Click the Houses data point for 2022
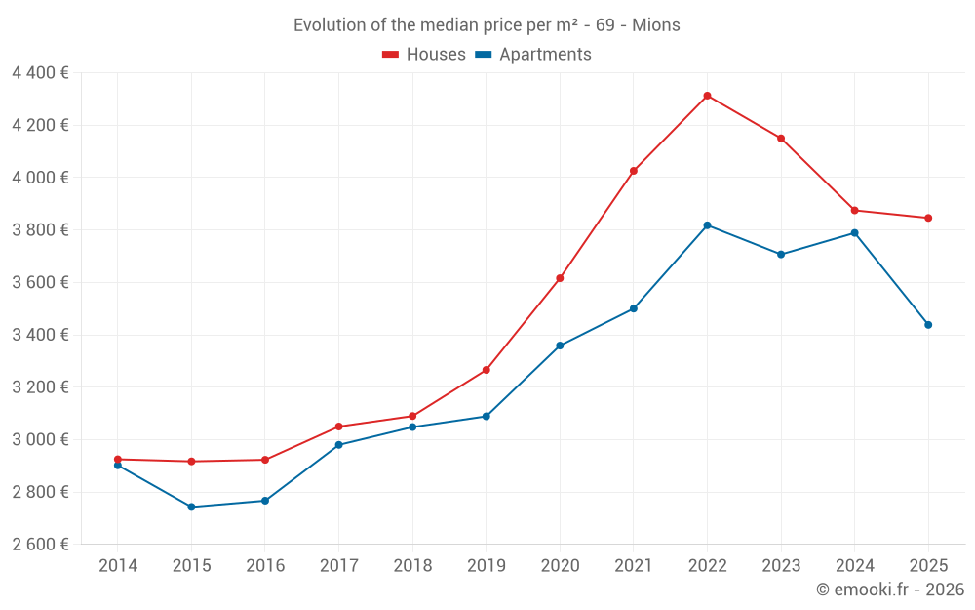point(707,96)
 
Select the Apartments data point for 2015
point(191,507)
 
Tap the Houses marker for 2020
point(560,278)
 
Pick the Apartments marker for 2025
point(928,325)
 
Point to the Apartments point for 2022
point(707,225)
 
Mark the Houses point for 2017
point(338,427)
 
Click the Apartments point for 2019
point(486,417)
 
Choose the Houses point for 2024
point(854,211)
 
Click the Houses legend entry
point(424,55)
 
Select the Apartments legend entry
point(532,55)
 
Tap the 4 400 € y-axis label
point(40,72)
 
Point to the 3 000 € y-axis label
point(40,439)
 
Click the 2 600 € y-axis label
point(40,544)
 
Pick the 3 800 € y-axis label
point(40,229)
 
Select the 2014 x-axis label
point(118,565)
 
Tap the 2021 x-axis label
point(634,565)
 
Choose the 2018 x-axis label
point(412,565)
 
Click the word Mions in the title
point(656,25)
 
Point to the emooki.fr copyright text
point(890,590)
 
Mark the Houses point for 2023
point(781,139)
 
